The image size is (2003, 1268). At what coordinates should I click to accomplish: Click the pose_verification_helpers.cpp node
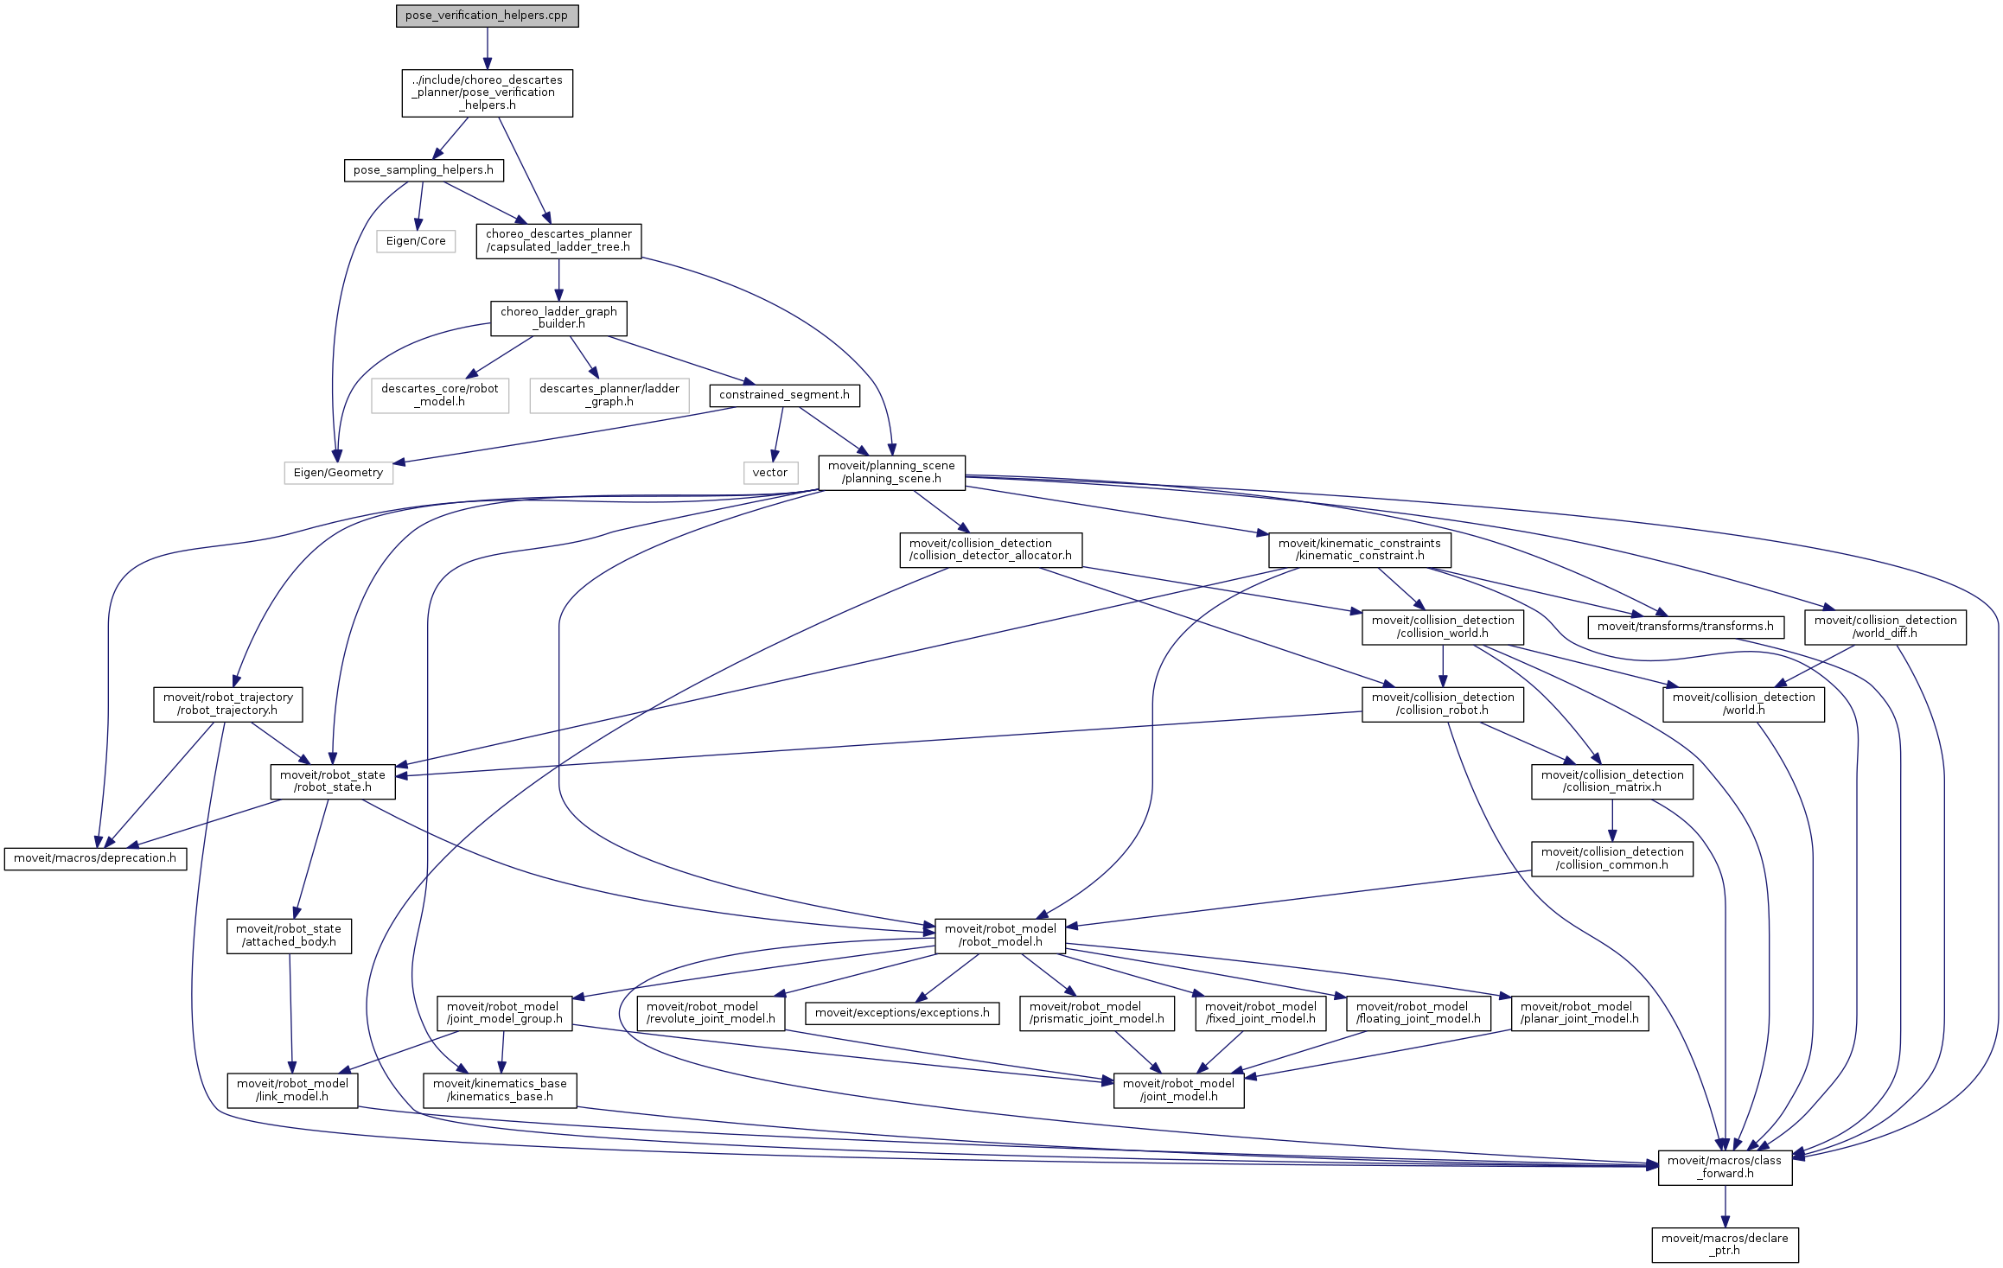click(x=487, y=16)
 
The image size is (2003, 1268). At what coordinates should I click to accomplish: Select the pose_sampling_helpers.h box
click(x=423, y=170)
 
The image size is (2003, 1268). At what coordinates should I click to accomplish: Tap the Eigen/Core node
click(x=416, y=241)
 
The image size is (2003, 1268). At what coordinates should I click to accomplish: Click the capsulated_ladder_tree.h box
click(x=558, y=240)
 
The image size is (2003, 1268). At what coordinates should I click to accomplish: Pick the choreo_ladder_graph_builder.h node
click(x=558, y=318)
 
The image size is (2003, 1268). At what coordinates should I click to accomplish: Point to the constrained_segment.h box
click(x=784, y=395)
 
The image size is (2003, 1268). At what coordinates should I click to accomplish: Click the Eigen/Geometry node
click(x=338, y=473)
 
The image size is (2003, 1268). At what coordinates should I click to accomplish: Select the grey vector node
click(x=769, y=473)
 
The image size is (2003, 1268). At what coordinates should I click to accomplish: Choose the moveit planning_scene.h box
click(x=891, y=472)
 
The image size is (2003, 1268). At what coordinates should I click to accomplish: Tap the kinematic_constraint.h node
click(x=1359, y=550)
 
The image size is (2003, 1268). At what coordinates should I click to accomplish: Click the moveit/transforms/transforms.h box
click(x=1685, y=627)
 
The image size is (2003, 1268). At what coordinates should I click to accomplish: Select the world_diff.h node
click(x=1885, y=627)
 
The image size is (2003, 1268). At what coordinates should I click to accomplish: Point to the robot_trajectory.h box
click(x=228, y=704)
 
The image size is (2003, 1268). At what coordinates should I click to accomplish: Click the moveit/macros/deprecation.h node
click(x=95, y=858)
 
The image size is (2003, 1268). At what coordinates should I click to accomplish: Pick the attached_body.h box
click(x=289, y=935)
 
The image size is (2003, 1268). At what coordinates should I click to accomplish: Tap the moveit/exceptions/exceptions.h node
click(x=902, y=1013)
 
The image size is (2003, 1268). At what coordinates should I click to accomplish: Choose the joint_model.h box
click(x=1178, y=1090)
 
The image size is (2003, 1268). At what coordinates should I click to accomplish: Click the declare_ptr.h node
click(x=1725, y=1245)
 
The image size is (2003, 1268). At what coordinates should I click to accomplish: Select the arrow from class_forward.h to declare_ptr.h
click(x=1725, y=1207)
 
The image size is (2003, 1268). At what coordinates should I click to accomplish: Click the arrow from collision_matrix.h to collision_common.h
click(x=1612, y=820)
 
